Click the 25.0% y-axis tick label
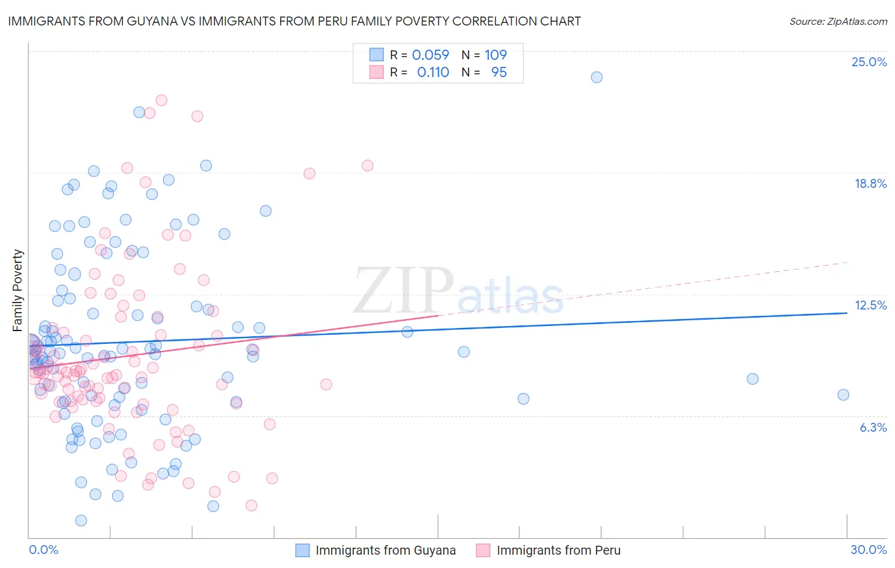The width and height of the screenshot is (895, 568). click(x=869, y=62)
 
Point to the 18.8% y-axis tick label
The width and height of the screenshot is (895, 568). click(x=870, y=183)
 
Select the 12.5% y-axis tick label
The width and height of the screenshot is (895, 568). click(x=870, y=305)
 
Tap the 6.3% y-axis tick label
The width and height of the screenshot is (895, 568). click(x=873, y=427)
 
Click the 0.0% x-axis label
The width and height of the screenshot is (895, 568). click(x=43, y=550)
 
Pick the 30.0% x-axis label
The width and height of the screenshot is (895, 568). click(x=868, y=550)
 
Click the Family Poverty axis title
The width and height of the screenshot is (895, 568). click(x=18, y=290)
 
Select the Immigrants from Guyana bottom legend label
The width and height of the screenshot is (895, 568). click(x=385, y=550)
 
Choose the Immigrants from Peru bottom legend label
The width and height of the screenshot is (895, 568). click(x=558, y=550)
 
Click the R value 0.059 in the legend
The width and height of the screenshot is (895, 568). click(x=430, y=55)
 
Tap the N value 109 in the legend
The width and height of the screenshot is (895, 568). click(x=495, y=55)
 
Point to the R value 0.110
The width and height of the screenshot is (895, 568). click(x=433, y=73)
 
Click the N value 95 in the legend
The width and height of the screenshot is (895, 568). click(x=498, y=73)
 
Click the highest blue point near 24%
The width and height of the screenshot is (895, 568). click(x=596, y=77)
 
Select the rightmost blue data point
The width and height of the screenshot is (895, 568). click(x=843, y=395)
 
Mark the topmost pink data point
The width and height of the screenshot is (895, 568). click(x=162, y=100)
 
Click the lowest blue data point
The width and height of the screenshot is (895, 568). click(x=81, y=520)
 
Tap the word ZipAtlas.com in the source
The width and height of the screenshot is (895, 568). click(x=856, y=22)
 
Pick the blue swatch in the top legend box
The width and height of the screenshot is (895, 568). click(x=376, y=55)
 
